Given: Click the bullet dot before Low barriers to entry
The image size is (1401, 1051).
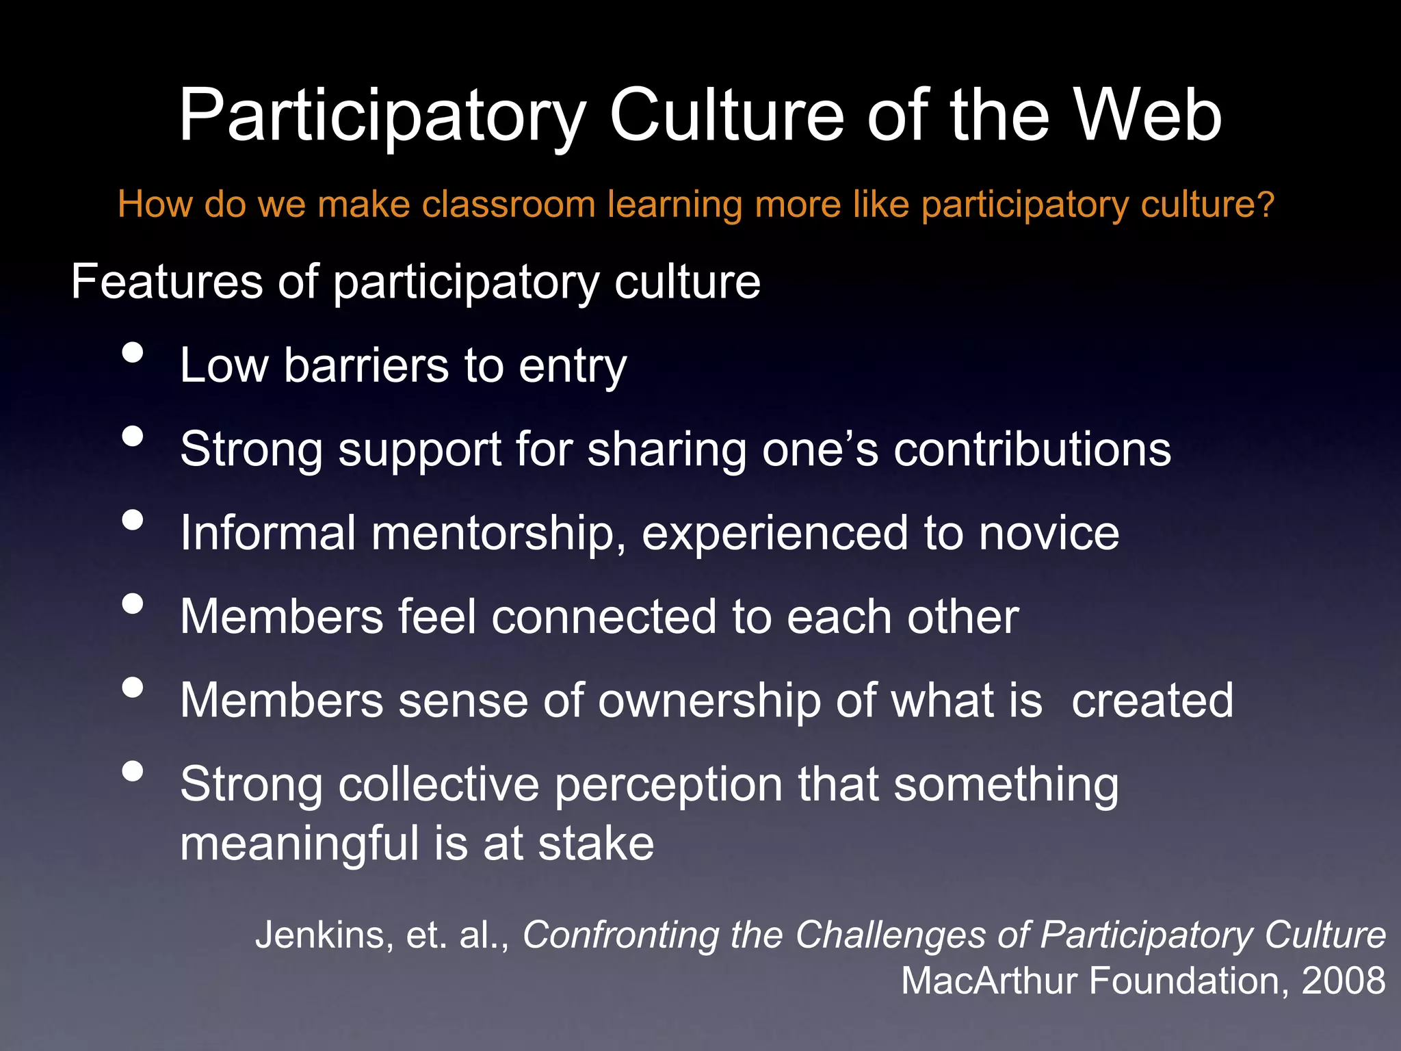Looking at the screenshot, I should (x=133, y=352).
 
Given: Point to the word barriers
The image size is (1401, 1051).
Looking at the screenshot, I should (x=366, y=365).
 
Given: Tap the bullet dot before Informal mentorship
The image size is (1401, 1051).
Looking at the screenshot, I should (x=133, y=520).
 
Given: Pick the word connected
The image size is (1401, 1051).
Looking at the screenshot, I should (x=604, y=617).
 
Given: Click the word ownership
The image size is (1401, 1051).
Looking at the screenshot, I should (x=709, y=702).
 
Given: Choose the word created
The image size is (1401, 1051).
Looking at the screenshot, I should (x=1152, y=701).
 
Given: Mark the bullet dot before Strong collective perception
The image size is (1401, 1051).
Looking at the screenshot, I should (x=133, y=771).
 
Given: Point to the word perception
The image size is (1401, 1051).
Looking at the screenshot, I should (x=668, y=786).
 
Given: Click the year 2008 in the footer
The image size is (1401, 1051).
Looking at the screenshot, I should (x=1343, y=981).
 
